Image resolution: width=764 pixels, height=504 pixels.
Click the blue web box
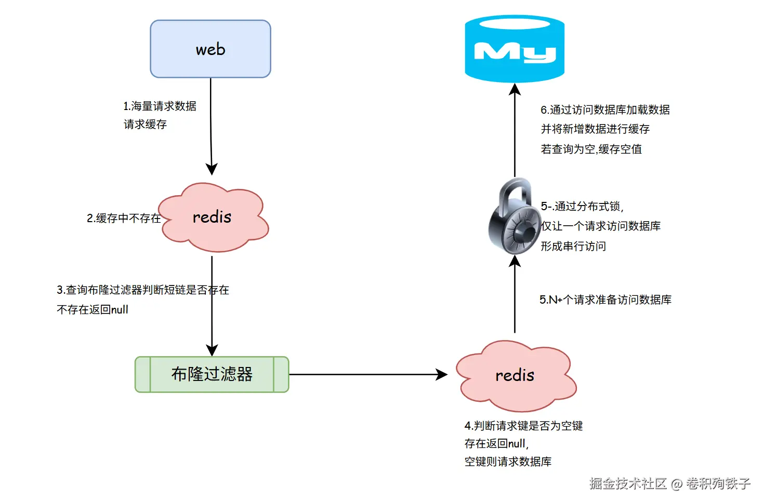210,49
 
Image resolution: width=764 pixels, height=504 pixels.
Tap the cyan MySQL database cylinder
515,49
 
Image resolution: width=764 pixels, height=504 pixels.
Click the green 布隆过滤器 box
212,374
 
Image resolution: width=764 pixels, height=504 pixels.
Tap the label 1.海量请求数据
160,106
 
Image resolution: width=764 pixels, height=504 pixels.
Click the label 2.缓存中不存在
124,219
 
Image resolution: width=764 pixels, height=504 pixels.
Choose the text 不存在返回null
93,310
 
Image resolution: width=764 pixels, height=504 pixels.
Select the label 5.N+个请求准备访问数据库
605,300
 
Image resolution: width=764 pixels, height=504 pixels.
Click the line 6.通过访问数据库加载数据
605,110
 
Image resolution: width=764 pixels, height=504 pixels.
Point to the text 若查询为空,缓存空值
591,149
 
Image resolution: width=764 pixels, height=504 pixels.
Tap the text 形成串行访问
573,247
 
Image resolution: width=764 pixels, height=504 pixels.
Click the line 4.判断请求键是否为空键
523,426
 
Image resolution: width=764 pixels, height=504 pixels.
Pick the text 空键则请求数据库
508,462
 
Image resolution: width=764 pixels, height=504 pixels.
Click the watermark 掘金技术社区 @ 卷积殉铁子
669,484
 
